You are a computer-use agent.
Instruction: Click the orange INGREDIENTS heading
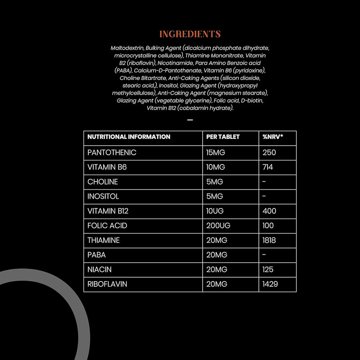click(x=190, y=34)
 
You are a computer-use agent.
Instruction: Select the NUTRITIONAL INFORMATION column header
click(x=129, y=137)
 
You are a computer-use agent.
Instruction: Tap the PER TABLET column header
click(x=223, y=137)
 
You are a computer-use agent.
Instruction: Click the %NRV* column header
click(x=272, y=137)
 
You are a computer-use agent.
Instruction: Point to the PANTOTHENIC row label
click(x=112, y=152)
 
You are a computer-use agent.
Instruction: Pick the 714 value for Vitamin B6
click(x=268, y=167)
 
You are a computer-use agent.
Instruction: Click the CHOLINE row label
click(x=103, y=182)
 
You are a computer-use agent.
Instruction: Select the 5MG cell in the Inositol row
click(x=215, y=196)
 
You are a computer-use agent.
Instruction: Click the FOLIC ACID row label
click(x=107, y=226)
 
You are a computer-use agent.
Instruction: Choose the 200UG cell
click(x=218, y=226)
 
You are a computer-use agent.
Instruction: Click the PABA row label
click(x=97, y=255)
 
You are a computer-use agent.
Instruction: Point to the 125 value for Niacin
click(x=268, y=270)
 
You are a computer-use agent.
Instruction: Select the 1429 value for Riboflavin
click(x=270, y=284)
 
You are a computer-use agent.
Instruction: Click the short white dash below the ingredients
click(x=190, y=120)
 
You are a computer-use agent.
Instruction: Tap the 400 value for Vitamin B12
click(x=269, y=211)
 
